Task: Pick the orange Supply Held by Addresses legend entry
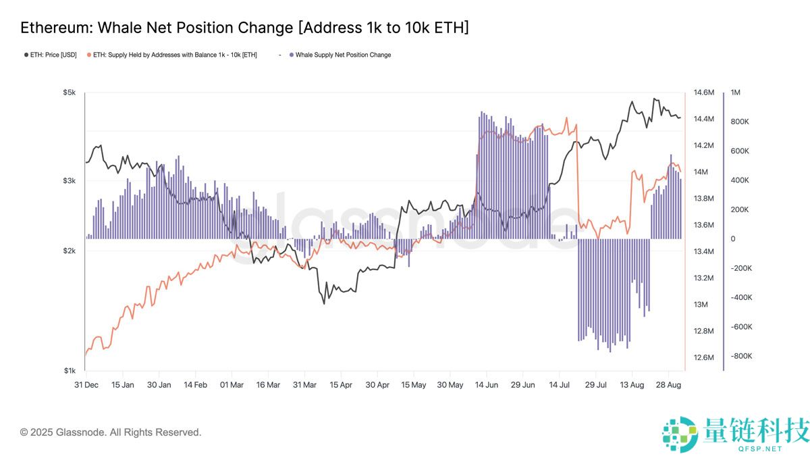pos(175,55)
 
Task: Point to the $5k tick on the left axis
pos(70,93)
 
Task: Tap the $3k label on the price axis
pos(70,181)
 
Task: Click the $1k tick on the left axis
pos(70,371)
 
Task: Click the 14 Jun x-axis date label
pos(487,385)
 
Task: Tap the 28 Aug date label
pos(668,385)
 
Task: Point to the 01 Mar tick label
pos(232,385)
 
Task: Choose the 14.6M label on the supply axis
pos(704,93)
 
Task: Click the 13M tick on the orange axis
pos(702,305)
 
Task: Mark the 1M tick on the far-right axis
pos(736,93)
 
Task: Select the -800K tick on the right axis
pos(741,357)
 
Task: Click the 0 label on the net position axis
pos(733,239)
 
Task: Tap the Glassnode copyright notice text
pos(111,432)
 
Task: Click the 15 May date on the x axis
pos(413,385)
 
